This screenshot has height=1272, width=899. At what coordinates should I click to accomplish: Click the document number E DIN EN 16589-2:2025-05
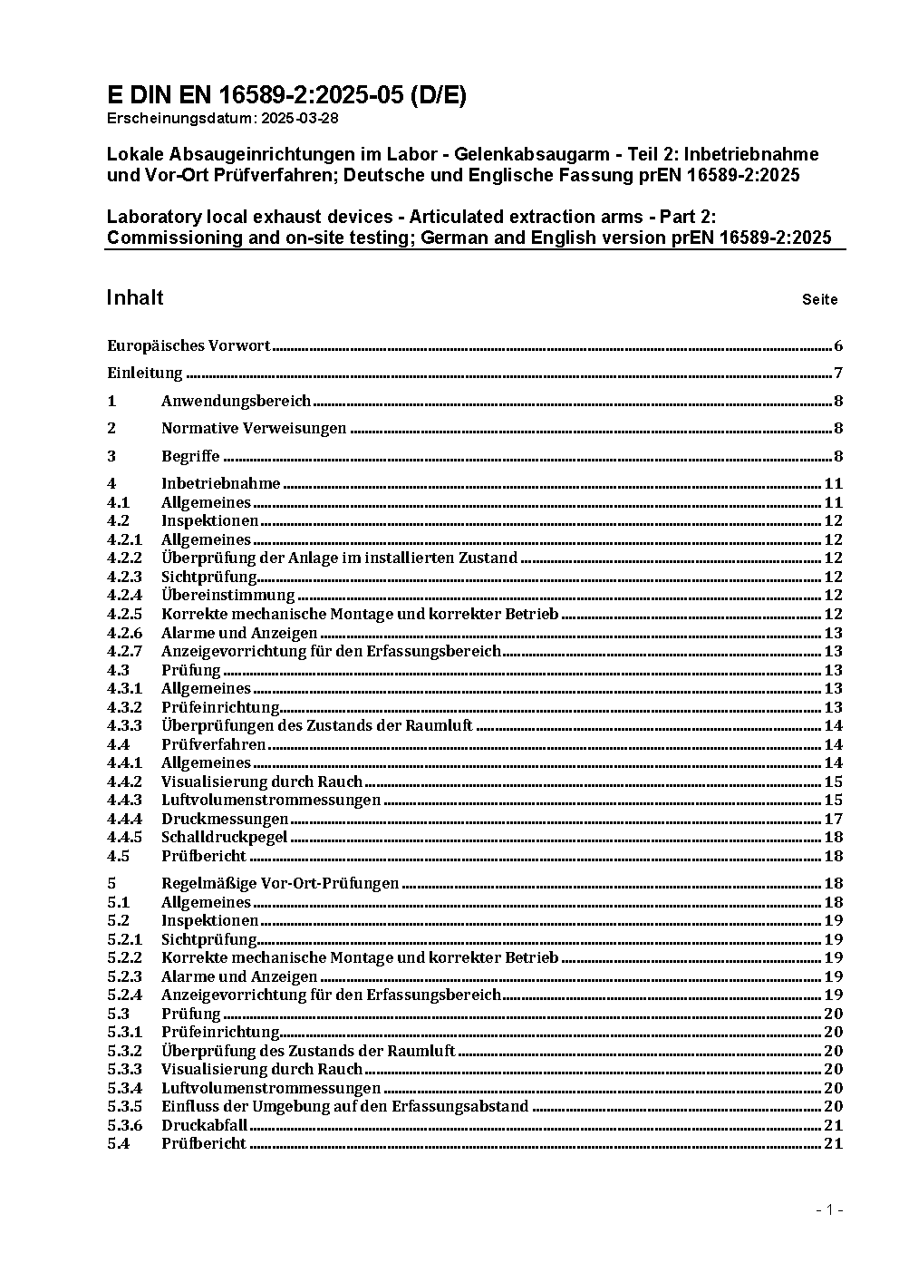[x=286, y=96]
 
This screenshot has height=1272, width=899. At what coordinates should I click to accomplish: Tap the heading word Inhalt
[x=135, y=298]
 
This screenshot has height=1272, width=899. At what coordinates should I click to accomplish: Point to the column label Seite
[x=819, y=300]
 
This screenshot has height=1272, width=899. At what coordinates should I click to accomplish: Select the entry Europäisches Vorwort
[x=188, y=345]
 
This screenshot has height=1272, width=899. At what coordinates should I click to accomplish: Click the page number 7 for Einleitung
[x=838, y=374]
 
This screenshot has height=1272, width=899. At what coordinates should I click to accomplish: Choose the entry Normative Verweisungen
[x=254, y=429]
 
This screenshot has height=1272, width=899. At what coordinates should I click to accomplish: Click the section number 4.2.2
[x=125, y=558]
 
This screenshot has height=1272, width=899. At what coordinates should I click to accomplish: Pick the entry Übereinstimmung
[x=228, y=596]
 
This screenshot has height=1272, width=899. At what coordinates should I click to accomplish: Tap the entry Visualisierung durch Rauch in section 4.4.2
[x=262, y=782]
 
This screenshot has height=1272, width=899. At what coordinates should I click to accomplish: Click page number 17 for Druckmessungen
[x=833, y=820]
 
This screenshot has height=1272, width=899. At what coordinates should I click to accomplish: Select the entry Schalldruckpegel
[x=225, y=838]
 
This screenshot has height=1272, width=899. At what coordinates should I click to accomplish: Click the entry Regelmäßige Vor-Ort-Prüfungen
[x=280, y=884]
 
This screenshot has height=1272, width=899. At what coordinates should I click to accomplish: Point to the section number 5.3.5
[x=125, y=1107]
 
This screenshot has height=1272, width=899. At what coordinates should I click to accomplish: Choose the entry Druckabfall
[x=204, y=1126]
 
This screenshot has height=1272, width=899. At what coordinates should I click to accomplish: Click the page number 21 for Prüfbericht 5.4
[x=833, y=1144]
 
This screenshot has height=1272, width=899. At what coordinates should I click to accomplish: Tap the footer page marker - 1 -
[x=829, y=1210]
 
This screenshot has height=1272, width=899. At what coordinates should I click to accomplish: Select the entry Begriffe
[x=190, y=457]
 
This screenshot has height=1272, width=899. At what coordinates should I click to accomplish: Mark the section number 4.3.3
[x=125, y=726]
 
